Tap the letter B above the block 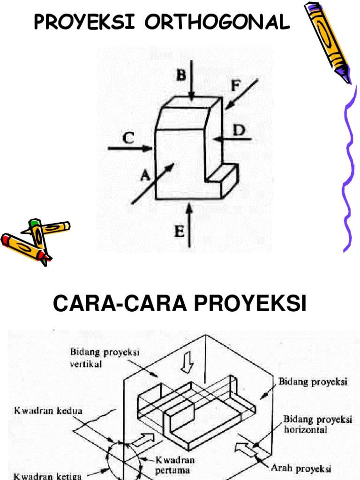[x=180, y=75]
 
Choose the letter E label [x=179, y=231]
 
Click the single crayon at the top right [x=327, y=41]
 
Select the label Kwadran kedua [x=48, y=411]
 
